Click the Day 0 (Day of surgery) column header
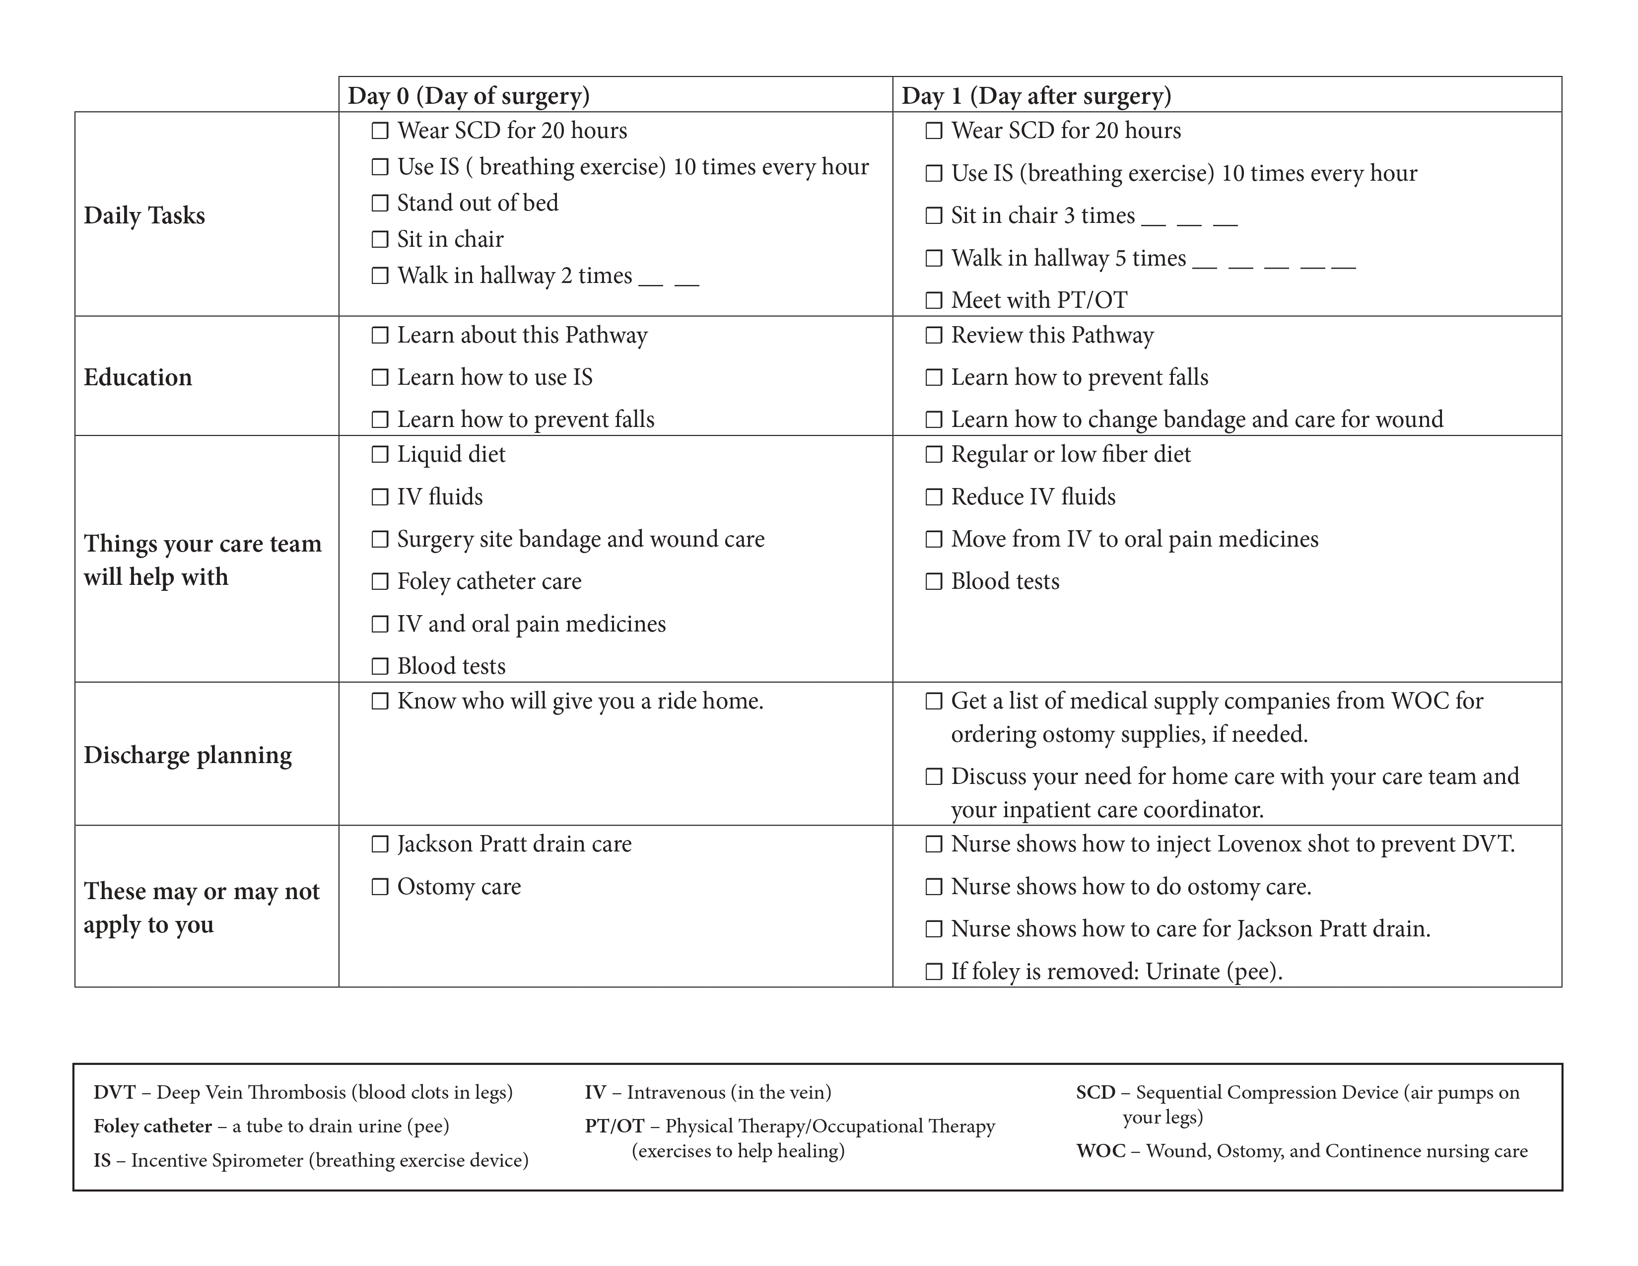(x=469, y=96)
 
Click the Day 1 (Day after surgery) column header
(x=1036, y=96)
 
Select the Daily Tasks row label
(x=144, y=215)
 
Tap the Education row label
(x=138, y=377)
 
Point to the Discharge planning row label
(x=188, y=755)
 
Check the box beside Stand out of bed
(x=380, y=203)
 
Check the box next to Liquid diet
(x=380, y=454)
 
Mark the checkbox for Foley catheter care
(x=380, y=582)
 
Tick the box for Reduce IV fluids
(x=934, y=497)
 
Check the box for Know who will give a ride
(x=380, y=701)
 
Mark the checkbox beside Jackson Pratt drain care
(x=380, y=844)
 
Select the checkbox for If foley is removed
(x=934, y=972)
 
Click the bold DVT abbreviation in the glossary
(x=114, y=1093)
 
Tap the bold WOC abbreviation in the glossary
(x=1100, y=1151)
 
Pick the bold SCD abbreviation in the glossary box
(x=1095, y=1093)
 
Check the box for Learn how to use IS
(x=380, y=377)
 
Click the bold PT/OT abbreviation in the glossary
(x=614, y=1126)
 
